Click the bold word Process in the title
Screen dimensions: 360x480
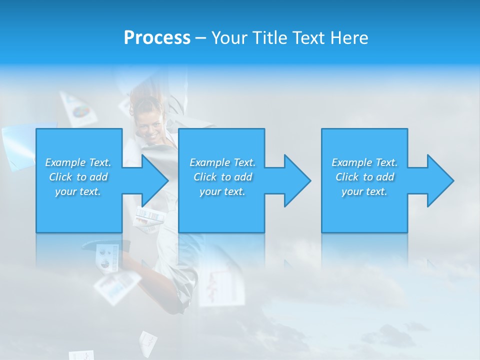coord(157,37)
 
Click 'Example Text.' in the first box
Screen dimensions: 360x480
coord(78,162)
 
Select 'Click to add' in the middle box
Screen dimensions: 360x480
coord(222,177)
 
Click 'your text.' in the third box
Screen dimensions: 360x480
coord(364,191)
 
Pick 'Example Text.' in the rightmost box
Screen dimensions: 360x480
coord(364,162)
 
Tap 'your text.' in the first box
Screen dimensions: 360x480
coord(78,191)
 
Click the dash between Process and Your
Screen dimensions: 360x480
coord(200,38)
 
